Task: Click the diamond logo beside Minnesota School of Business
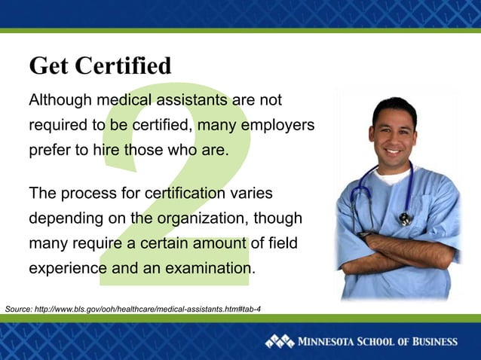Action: pos(279,342)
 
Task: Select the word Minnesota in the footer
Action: pos(331,342)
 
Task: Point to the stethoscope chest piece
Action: pos(406,218)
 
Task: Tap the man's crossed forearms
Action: pos(400,252)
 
